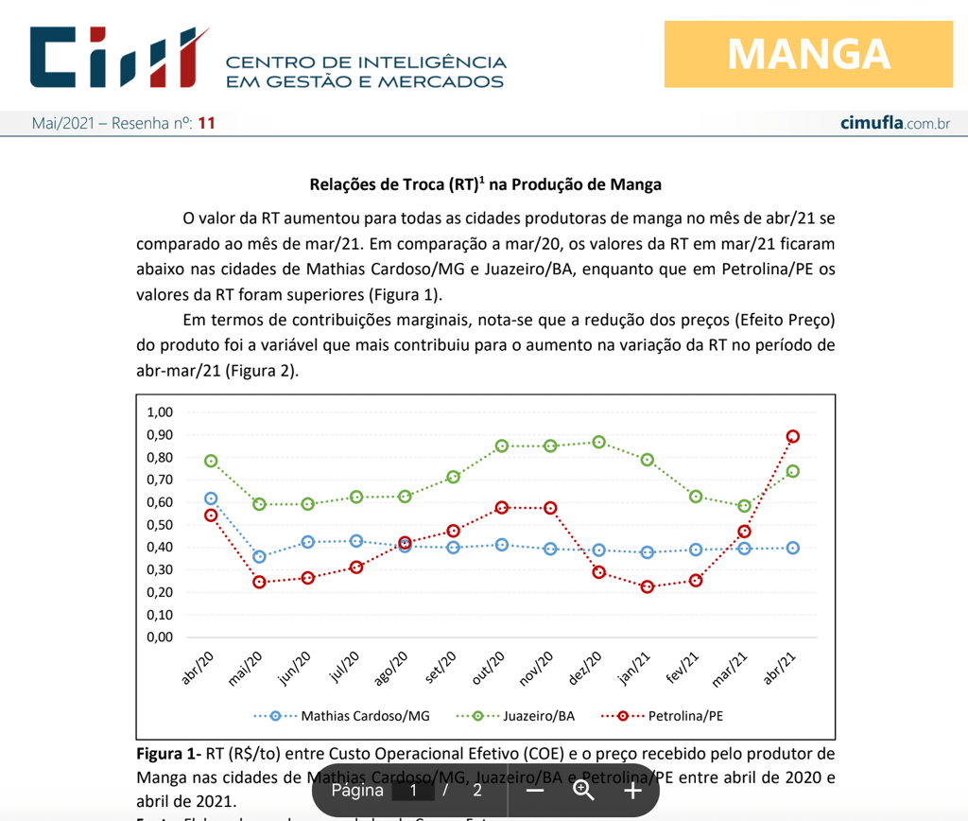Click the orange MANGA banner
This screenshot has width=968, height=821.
click(x=808, y=54)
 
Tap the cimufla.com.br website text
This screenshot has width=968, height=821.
click(x=894, y=124)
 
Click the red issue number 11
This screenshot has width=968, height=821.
click(x=206, y=124)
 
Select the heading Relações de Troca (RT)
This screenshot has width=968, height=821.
click(x=485, y=184)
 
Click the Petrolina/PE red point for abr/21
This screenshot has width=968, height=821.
click(x=793, y=436)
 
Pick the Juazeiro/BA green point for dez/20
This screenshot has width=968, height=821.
click(x=598, y=442)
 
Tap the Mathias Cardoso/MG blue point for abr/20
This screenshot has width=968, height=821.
click(x=211, y=498)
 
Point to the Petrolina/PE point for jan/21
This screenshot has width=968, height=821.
click(x=648, y=586)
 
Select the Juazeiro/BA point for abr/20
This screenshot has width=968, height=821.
click(x=211, y=461)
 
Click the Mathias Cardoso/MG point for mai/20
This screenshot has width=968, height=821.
click(x=259, y=556)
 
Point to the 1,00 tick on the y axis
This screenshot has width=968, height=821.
click(x=160, y=412)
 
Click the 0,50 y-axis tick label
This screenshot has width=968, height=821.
click(x=160, y=525)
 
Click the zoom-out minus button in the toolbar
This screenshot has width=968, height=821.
click(x=535, y=791)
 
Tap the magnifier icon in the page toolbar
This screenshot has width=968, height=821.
click(x=583, y=791)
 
